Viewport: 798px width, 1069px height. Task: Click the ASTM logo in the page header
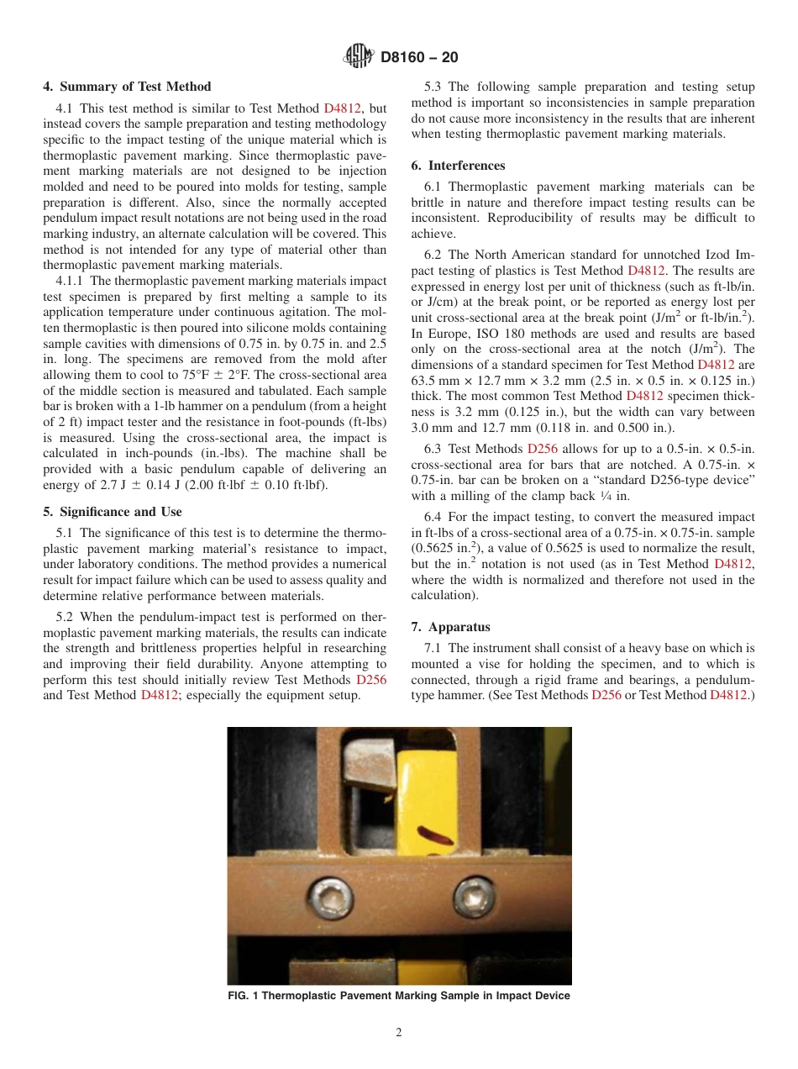click(x=359, y=57)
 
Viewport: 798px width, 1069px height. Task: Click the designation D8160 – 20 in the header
click(x=419, y=58)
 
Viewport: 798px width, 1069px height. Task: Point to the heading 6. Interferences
click(x=466, y=165)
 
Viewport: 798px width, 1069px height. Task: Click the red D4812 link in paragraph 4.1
click(x=345, y=108)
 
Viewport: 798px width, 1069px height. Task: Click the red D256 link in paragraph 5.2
click(x=371, y=679)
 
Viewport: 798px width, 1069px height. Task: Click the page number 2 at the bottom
click(x=399, y=1033)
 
